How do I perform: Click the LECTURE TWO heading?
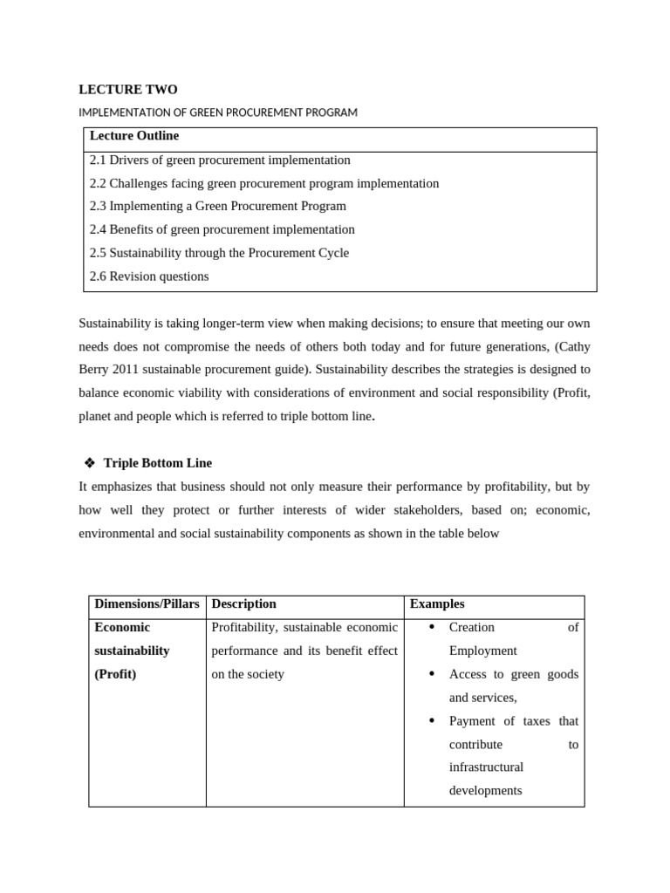127,90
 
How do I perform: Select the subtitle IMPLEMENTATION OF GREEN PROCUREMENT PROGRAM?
218,112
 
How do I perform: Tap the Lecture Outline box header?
134,136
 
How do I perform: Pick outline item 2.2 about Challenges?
264,184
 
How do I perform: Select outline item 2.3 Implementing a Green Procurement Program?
218,207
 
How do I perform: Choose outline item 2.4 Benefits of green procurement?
222,230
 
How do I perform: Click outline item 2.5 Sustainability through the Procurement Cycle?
219,253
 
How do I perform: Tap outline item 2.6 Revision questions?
149,276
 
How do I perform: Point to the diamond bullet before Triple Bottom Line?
89,463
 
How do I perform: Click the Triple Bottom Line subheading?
157,463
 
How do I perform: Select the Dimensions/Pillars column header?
147,604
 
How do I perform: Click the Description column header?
243,604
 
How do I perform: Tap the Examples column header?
437,604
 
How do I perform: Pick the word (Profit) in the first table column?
115,674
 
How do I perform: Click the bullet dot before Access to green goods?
434,674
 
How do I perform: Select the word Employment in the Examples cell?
482,651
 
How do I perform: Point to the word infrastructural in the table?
486,767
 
